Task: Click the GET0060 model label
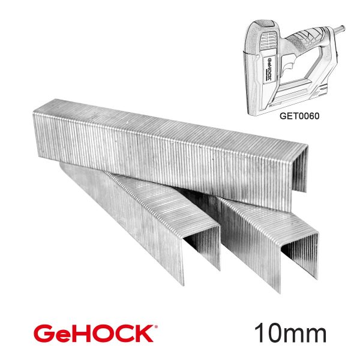coord(299,116)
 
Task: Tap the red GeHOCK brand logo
coord(96,334)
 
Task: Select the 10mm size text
coord(290,333)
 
